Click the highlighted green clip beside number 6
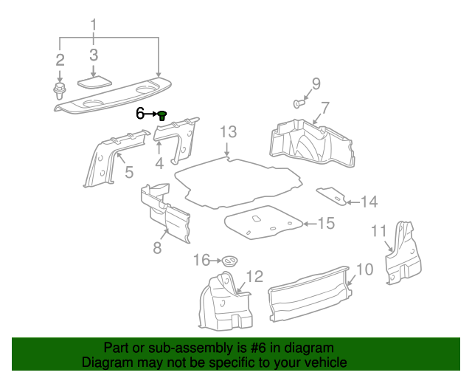(163, 114)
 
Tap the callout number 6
(140, 114)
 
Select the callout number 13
(228, 132)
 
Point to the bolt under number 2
(59, 92)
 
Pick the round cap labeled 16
(231, 261)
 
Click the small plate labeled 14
(333, 196)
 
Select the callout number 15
(325, 223)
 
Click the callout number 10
(364, 269)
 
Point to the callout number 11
(378, 232)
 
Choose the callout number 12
(254, 277)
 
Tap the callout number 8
(157, 248)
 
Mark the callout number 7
(324, 107)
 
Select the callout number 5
(128, 173)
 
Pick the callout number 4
(159, 162)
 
